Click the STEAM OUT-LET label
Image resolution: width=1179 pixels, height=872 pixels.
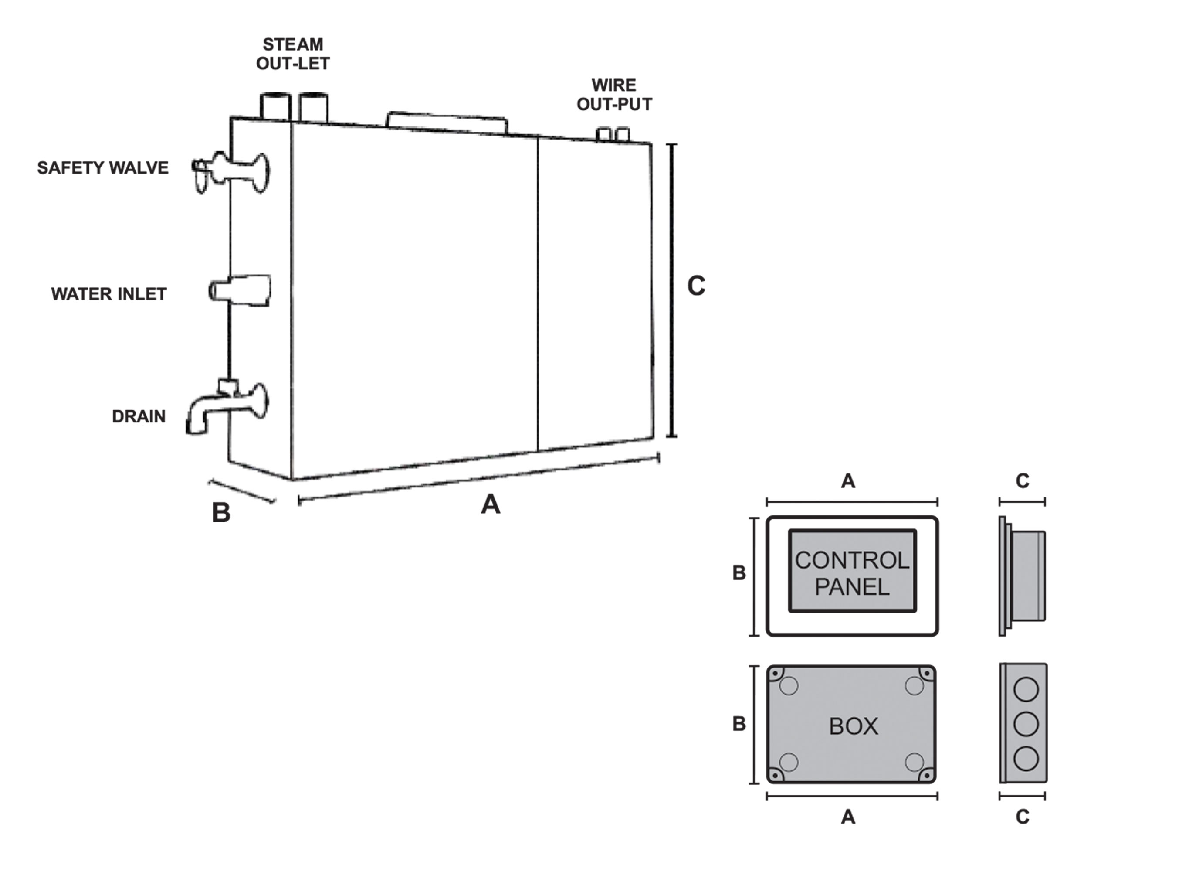pos(293,54)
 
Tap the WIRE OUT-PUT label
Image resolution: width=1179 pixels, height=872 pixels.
pos(614,95)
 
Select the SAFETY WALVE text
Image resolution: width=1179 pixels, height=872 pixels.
pos(103,168)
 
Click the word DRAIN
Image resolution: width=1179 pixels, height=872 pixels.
pos(139,416)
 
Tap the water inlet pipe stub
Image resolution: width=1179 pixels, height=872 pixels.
pos(240,290)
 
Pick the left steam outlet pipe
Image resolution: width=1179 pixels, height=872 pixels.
pos(275,107)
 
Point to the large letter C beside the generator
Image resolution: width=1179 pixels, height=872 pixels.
pos(696,286)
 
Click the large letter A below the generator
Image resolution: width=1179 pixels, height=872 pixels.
pos(490,504)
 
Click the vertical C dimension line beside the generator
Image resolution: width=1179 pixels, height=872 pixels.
pos(671,290)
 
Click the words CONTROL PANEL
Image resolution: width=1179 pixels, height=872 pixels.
pos(852,573)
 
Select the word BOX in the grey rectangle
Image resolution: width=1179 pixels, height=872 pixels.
pos(853,727)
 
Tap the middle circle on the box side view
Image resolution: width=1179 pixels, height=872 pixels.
pos(1026,724)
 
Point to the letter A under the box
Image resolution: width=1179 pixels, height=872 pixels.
pos(848,817)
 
